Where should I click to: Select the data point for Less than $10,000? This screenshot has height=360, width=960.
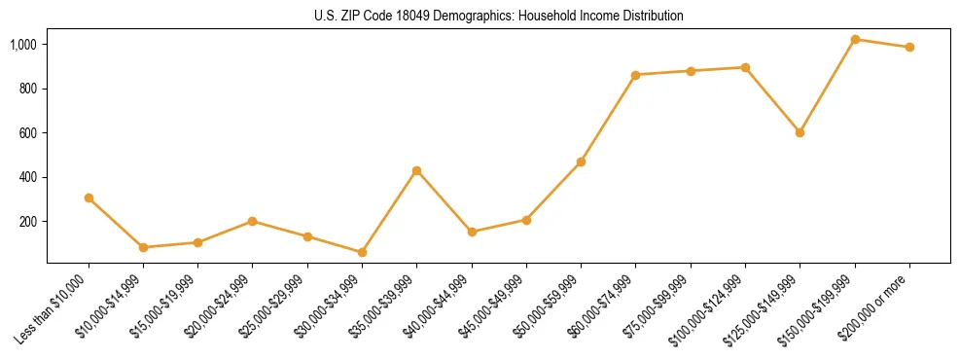[x=89, y=198]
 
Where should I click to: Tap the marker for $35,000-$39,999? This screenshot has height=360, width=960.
[x=416, y=170]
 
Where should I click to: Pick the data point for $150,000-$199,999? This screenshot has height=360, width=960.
[x=855, y=39]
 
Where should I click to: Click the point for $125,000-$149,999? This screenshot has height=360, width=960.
[x=800, y=132]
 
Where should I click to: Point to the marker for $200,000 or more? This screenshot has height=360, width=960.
[x=909, y=47]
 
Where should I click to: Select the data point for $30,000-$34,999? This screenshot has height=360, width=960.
[x=362, y=252]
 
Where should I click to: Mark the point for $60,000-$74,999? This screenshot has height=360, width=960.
[x=635, y=75]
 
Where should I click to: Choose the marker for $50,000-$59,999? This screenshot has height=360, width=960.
[x=581, y=162]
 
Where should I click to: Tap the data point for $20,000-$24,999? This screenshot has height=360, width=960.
[x=253, y=221]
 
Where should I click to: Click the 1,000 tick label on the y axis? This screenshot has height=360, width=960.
[x=23, y=44]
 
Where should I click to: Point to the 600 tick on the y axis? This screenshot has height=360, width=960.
[x=28, y=132]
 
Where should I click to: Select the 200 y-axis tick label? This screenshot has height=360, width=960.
[x=28, y=221]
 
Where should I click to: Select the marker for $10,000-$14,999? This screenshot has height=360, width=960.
[x=143, y=247]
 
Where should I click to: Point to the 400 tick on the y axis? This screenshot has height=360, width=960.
[x=28, y=177]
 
